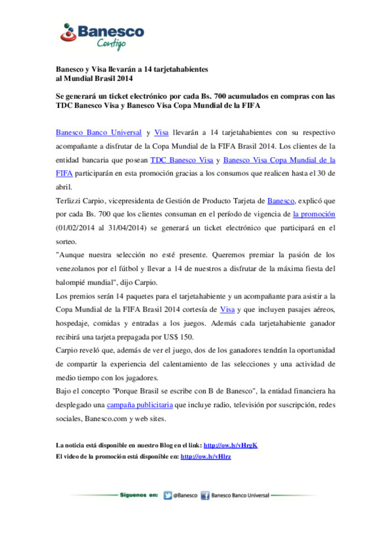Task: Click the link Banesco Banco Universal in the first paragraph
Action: click(x=98, y=133)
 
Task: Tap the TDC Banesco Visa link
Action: click(x=182, y=160)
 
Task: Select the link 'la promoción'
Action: click(x=314, y=214)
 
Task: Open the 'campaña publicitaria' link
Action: click(x=140, y=405)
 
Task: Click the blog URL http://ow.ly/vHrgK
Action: click(x=230, y=445)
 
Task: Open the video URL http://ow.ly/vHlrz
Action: click(x=206, y=456)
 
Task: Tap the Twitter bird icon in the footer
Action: click(x=168, y=495)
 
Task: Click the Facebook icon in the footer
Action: click(x=205, y=495)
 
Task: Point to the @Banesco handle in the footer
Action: click(x=185, y=495)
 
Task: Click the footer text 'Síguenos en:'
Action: click(x=139, y=495)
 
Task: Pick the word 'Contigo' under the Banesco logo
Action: click(x=111, y=44)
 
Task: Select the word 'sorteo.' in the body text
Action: click(x=66, y=242)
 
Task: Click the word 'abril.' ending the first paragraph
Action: click(x=64, y=187)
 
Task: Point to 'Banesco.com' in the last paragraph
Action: click(x=106, y=419)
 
